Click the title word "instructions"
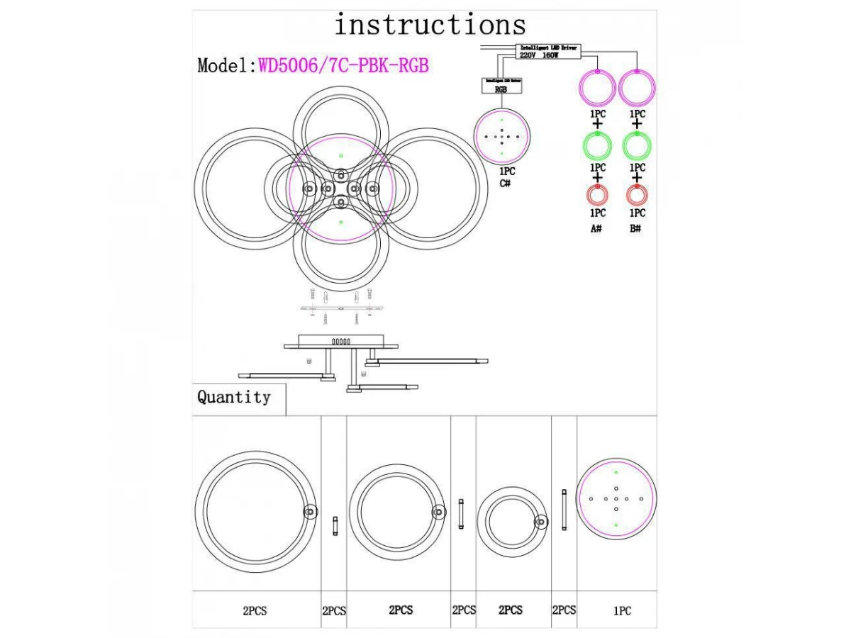pyautogui.click(x=430, y=26)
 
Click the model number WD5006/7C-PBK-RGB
pyautogui.click(x=344, y=65)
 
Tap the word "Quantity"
pyautogui.click(x=234, y=397)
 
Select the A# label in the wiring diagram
pyautogui.click(x=596, y=229)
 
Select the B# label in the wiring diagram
pyautogui.click(x=635, y=229)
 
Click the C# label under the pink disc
pyautogui.click(x=506, y=184)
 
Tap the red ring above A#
pyautogui.click(x=597, y=194)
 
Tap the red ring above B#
pyautogui.click(x=637, y=194)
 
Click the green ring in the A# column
pyautogui.click(x=597, y=146)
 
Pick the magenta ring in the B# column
pyautogui.click(x=637, y=88)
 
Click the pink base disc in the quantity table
pyautogui.click(x=616, y=498)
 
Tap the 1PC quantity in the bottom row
pyautogui.click(x=622, y=610)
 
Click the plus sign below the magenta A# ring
pyautogui.click(x=597, y=125)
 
